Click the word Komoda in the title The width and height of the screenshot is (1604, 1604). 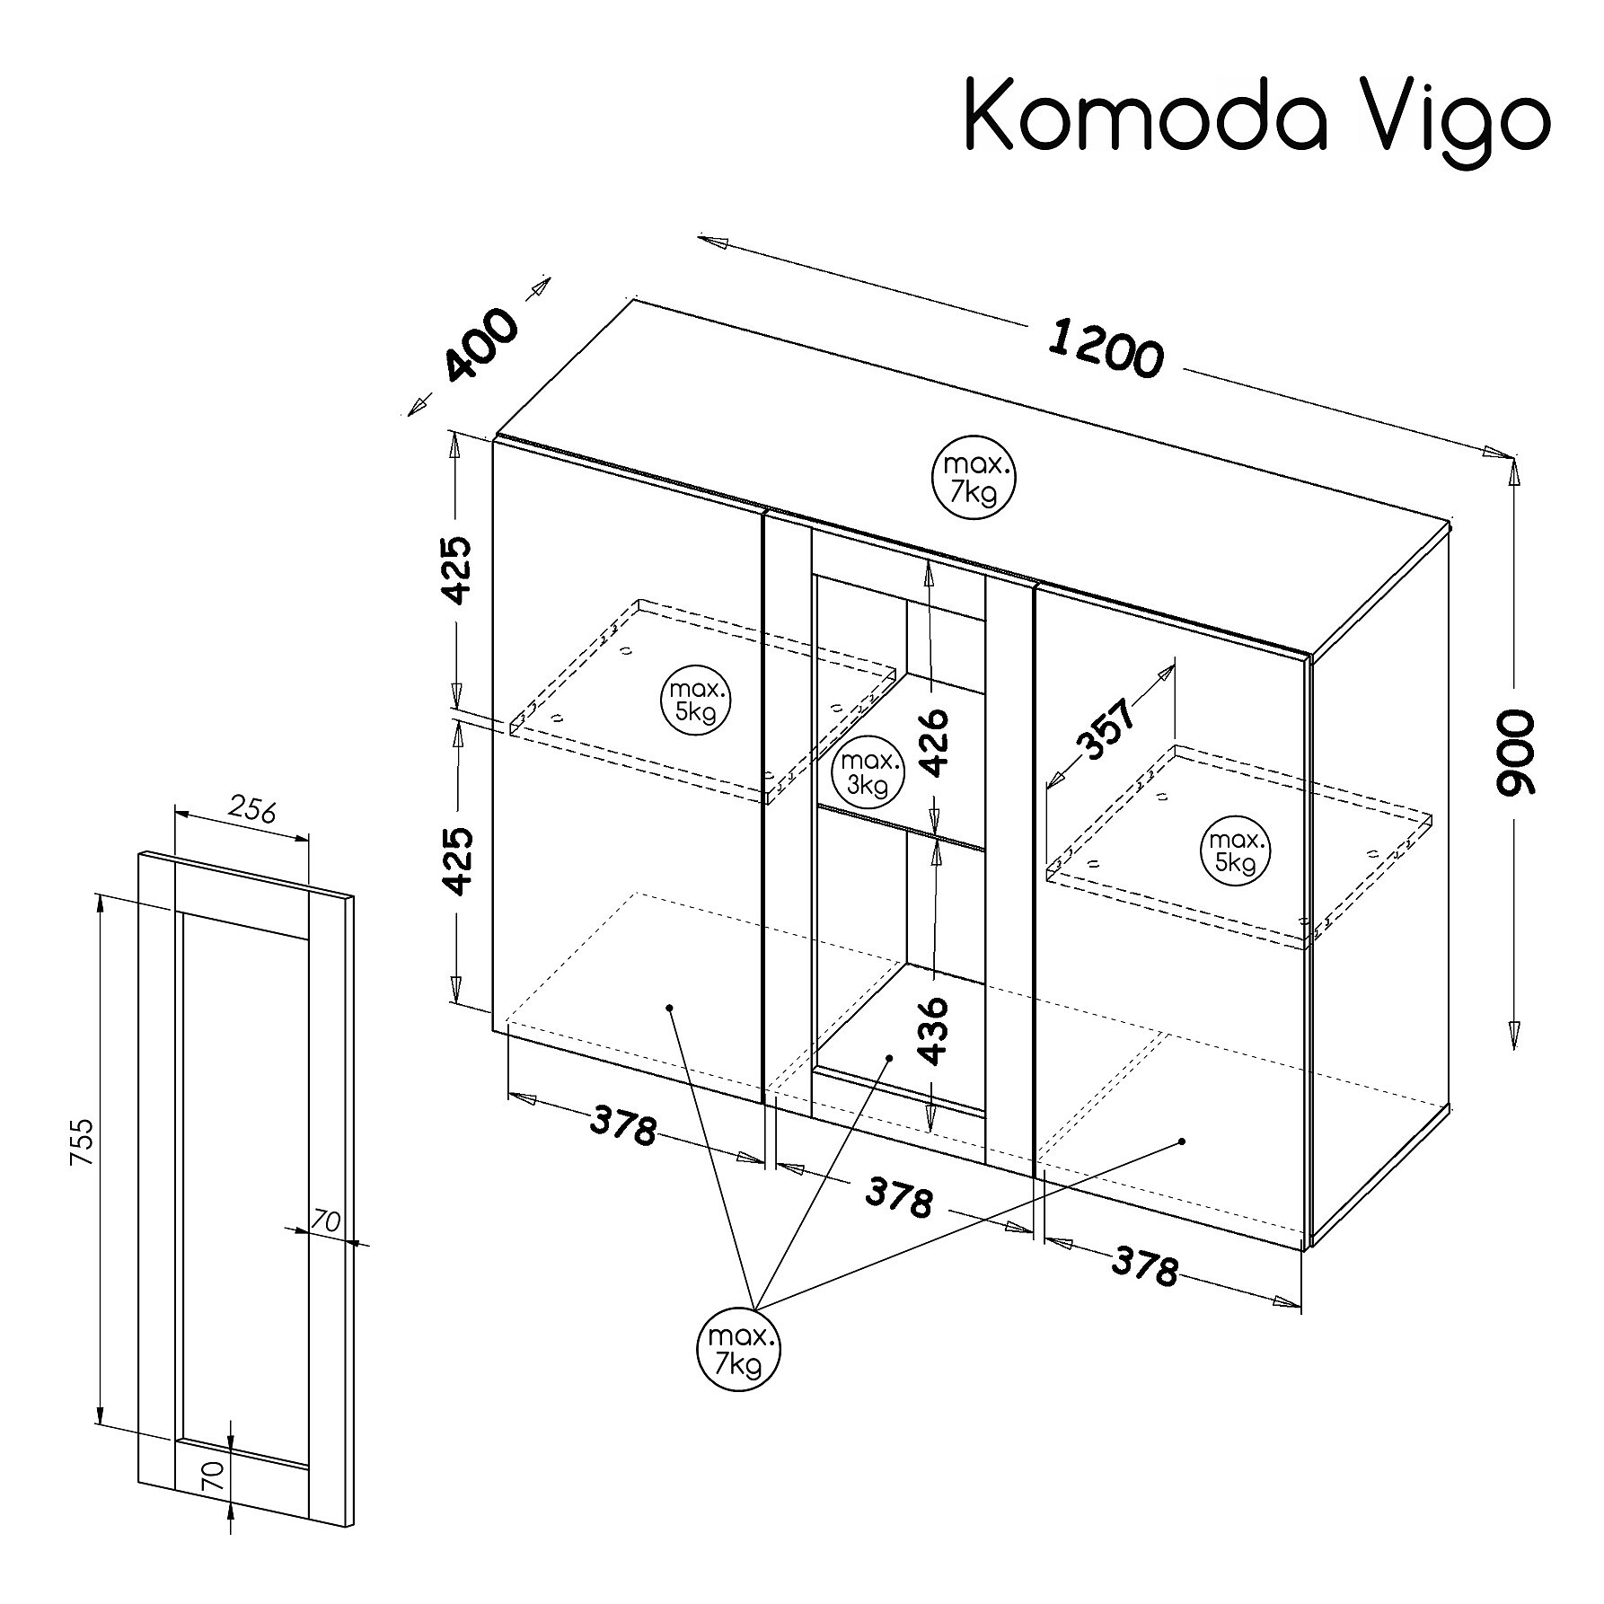1145,114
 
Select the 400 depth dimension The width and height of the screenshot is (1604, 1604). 481,345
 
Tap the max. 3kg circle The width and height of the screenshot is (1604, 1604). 867,773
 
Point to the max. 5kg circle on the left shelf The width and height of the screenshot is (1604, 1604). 695,701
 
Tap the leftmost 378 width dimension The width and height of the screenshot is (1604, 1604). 623,1128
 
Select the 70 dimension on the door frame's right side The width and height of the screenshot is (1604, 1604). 326,1221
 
